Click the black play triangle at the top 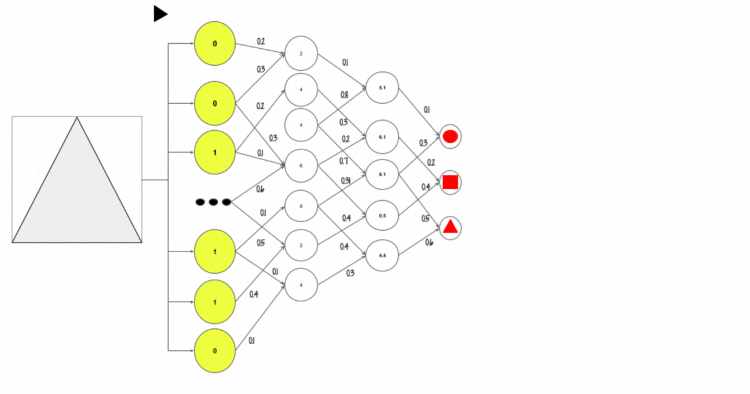tap(160, 14)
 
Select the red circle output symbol tap(450, 136)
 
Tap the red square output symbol tap(450, 182)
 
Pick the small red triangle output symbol tap(450, 228)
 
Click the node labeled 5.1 tap(382, 88)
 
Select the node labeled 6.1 tap(382, 136)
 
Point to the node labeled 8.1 tap(382, 176)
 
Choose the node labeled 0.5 tap(382, 216)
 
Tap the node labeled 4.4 tap(382, 255)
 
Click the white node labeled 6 tap(301, 166)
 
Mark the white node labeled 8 tap(301, 206)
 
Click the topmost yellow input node tap(215, 44)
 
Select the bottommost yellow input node tap(215, 351)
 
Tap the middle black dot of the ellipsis tap(213, 202)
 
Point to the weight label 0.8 tap(344, 95)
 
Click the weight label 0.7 tap(344, 161)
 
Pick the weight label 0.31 tap(346, 181)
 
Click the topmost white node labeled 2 tap(301, 53)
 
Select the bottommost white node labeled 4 tap(301, 285)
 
